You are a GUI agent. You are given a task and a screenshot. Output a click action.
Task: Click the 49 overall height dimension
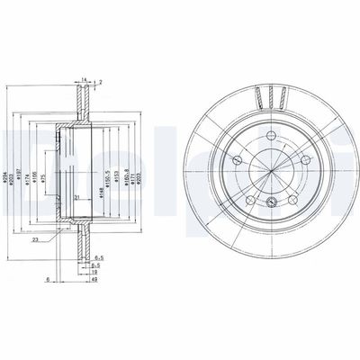(94, 280)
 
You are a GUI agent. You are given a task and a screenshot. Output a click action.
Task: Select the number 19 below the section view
(93, 271)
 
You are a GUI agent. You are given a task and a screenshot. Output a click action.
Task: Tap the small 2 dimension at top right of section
(100, 82)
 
